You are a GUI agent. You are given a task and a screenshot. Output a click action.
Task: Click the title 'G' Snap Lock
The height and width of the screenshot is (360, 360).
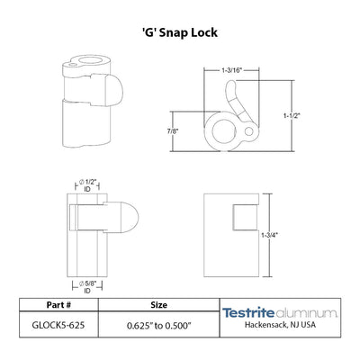click(x=180, y=32)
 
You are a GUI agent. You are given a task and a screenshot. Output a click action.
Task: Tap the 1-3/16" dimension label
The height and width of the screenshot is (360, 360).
click(x=231, y=70)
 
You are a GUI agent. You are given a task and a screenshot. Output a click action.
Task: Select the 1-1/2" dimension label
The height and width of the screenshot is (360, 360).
click(x=292, y=115)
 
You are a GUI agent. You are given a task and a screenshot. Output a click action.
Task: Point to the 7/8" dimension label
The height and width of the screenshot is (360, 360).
click(x=173, y=131)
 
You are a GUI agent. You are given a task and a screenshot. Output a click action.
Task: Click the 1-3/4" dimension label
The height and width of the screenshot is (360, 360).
click(x=269, y=235)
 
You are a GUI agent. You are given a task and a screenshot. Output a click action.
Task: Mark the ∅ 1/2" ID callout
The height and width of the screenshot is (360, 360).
click(x=87, y=185)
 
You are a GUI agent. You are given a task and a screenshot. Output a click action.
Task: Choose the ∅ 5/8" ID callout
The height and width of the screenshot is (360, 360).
click(x=87, y=287)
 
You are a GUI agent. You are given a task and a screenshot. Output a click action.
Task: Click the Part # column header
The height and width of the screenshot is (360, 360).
click(x=58, y=305)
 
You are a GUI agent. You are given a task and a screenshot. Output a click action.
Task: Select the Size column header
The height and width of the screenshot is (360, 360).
click(x=158, y=305)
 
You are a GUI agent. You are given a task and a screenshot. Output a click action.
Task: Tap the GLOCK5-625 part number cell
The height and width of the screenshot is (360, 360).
click(x=58, y=325)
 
